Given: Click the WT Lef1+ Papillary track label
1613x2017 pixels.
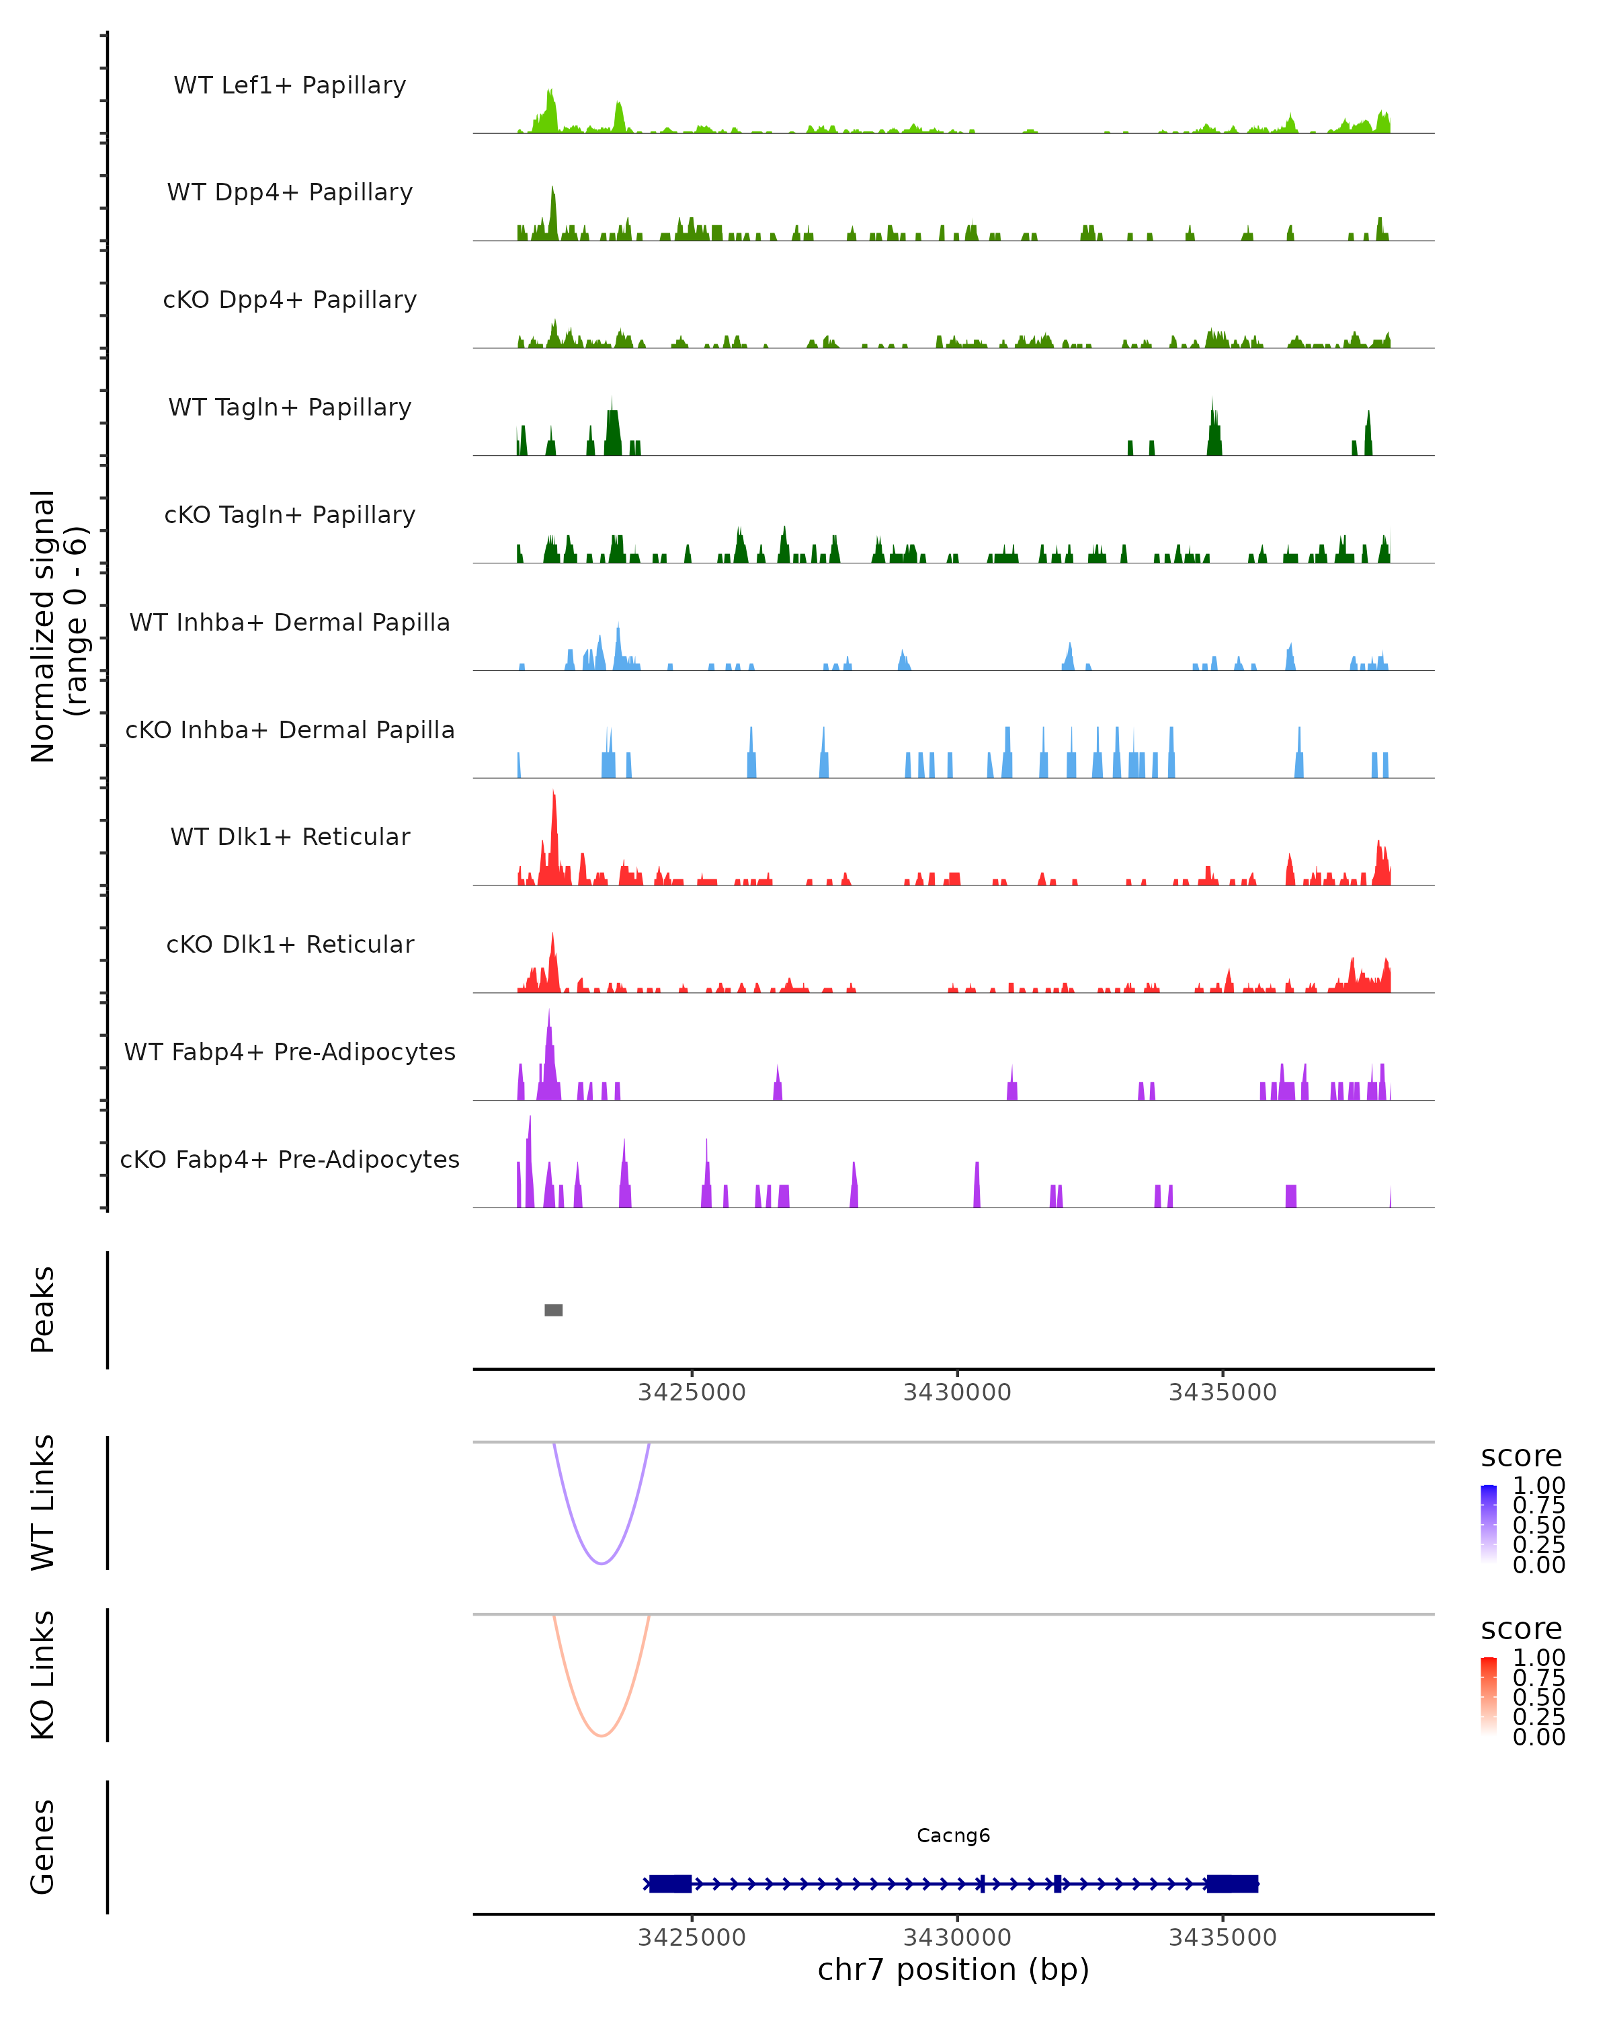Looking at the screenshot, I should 290,85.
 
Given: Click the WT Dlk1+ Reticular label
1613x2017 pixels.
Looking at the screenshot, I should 290,836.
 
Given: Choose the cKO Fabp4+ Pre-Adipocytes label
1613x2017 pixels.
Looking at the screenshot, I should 290,1159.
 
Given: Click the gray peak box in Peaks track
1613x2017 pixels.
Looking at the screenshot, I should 554,1310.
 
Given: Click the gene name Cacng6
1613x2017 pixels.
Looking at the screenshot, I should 953,1835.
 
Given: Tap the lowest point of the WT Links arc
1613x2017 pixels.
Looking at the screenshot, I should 602,1563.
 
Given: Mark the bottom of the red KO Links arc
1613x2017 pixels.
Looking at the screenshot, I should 602,1735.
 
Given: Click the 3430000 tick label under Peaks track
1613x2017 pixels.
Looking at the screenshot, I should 956,1392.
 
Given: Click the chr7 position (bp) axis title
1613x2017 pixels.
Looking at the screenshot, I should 953,1969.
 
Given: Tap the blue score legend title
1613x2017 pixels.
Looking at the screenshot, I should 1520,1456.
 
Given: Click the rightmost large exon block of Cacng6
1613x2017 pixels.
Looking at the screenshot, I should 1231,1883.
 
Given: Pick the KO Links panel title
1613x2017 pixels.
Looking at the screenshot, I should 43,1675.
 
